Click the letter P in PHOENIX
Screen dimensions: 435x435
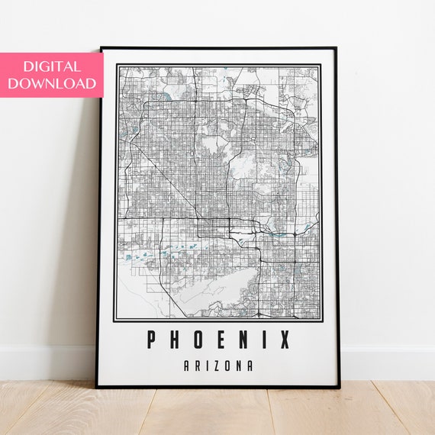[153, 339]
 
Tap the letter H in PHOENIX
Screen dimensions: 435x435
[175, 339]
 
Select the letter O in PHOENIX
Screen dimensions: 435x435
[197, 339]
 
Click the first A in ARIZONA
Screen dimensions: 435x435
[187, 366]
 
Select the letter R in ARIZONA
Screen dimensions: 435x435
[198, 366]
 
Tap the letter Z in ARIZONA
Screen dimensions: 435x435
[216, 366]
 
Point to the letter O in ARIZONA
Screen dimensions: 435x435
[227, 366]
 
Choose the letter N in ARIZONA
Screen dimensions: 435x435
[238, 366]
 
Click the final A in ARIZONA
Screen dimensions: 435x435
[250, 366]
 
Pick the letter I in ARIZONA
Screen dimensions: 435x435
[208, 366]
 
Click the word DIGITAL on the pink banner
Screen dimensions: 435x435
[52, 66]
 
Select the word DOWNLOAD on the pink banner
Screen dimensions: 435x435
[52, 83]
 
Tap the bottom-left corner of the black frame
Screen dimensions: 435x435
[98, 387]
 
